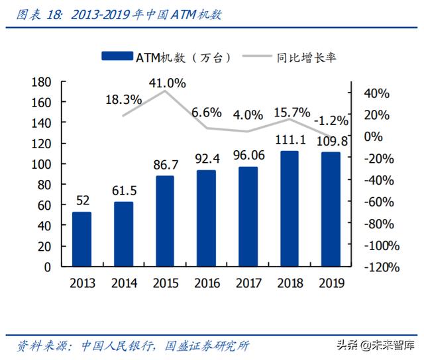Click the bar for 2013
(x=81, y=239)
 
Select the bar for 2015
(x=165, y=221)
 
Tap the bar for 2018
(x=289, y=208)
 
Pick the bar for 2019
(x=330, y=209)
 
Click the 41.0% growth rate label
(x=166, y=83)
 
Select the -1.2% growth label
(x=330, y=121)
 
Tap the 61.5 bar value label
(x=123, y=191)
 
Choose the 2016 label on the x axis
(x=207, y=283)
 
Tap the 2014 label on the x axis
(x=123, y=283)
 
